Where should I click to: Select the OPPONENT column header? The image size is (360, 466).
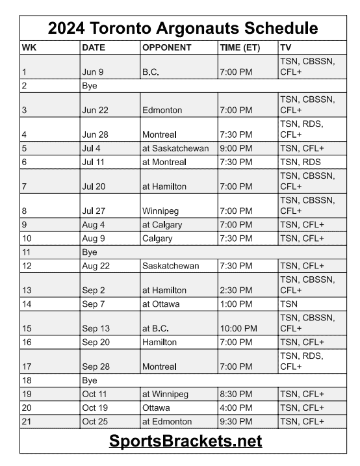point(166,48)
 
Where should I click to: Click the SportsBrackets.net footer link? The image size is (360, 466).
point(185,441)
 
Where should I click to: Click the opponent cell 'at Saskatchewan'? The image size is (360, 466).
point(175,148)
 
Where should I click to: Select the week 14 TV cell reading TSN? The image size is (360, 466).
point(288,303)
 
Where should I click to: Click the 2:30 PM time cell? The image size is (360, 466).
point(236,290)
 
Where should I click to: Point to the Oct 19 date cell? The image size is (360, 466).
point(94,408)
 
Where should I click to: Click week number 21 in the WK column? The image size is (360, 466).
point(27,421)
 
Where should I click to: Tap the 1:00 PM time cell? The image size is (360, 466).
point(236,303)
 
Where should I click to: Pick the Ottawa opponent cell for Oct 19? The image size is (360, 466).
point(156,408)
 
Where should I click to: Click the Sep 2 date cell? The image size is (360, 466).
point(93,290)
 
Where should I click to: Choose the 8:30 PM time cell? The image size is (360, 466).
point(236,394)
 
